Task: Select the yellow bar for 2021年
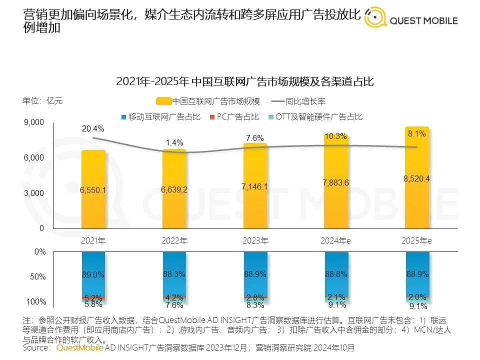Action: coord(93,190)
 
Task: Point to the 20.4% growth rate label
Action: coord(93,129)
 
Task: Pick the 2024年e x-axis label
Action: coord(336,240)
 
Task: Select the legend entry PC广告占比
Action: coord(237,117)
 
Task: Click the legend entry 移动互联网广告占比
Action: coord(160,117)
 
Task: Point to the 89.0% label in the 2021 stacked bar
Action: coord(93,274)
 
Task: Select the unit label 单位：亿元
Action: coord(42,100)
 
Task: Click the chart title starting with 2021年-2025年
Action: coord(245,81)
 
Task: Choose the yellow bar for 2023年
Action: coord(255,187)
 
